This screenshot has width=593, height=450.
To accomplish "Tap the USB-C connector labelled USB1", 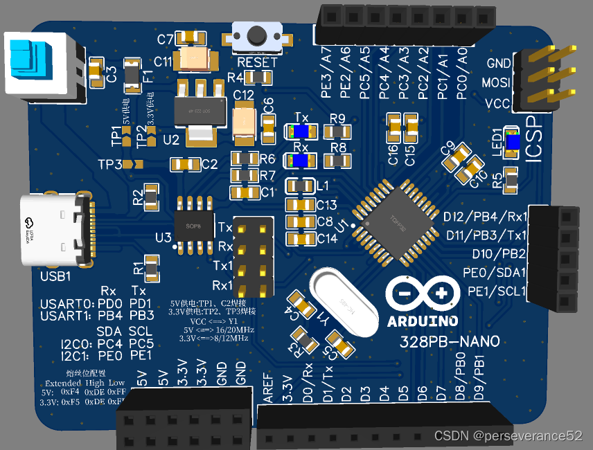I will coord(55,230).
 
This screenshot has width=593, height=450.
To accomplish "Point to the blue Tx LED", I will coord(301,132).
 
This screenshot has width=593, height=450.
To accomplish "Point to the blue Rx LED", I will coord(301,161).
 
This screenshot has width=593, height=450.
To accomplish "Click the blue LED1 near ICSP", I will coord(512,141).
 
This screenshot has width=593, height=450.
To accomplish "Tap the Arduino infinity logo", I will coord(423,294).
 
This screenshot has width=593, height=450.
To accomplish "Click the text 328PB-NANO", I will coord(450,341).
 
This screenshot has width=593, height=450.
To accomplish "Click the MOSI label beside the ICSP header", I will coord(495,83).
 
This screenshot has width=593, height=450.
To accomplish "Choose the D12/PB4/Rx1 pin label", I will coord(485,217).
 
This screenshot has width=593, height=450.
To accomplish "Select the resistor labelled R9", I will coord(337,132).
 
